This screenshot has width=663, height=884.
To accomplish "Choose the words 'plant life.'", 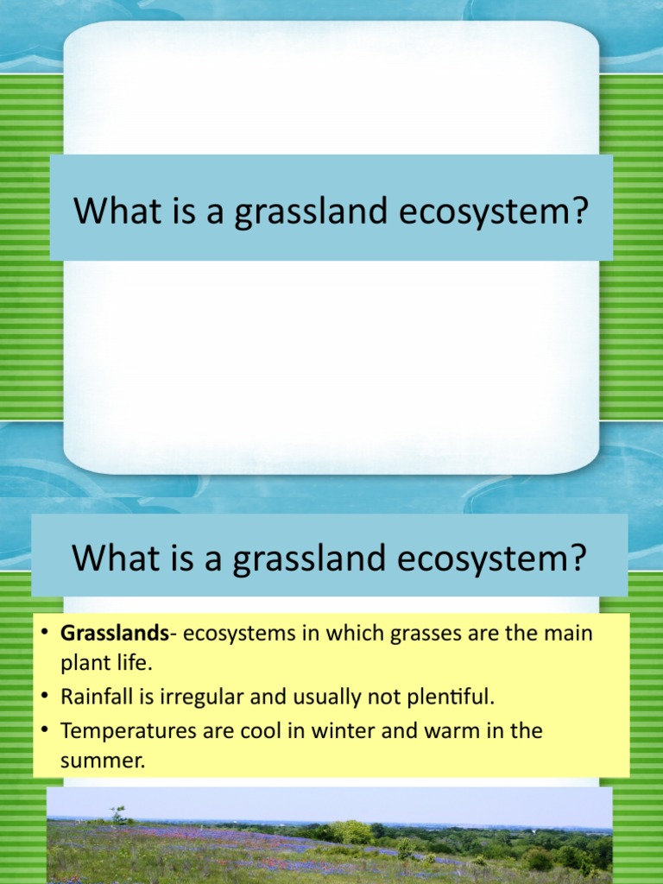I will pos(105,665).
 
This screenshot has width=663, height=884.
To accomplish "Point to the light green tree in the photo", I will pos(351,832).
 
